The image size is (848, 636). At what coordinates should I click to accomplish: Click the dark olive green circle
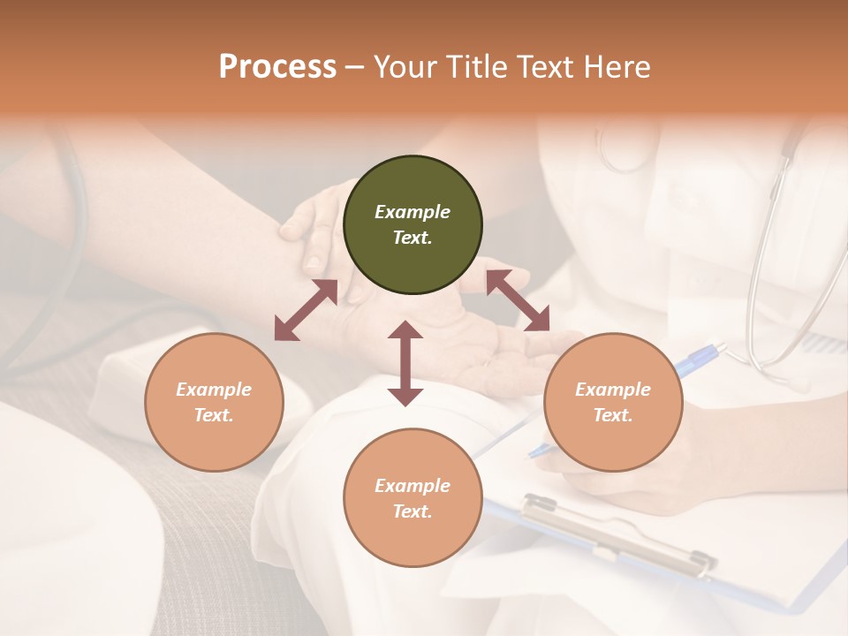tap(413, 224)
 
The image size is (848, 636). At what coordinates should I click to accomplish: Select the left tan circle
tap(214, 402)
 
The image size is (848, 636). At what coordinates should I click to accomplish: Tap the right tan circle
tap(613, 402)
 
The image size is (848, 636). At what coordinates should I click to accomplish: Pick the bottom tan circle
tap(413, 498)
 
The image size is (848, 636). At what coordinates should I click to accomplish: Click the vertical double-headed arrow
tap(405, 363)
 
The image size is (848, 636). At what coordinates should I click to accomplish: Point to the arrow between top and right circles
tap(518, 301)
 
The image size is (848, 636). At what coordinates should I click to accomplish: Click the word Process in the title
tap(277, 67)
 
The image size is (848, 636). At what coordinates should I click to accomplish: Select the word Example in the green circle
tap(413, 212)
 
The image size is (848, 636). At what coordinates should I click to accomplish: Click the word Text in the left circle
tap(214, 415)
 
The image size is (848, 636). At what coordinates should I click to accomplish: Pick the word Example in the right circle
tap(613, 390)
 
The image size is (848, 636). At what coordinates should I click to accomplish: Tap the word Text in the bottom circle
tap(413, 511)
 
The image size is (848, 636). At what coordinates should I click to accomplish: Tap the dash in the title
tap(355, 67)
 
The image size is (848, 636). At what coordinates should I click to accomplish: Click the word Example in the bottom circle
tap(413, 486)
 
